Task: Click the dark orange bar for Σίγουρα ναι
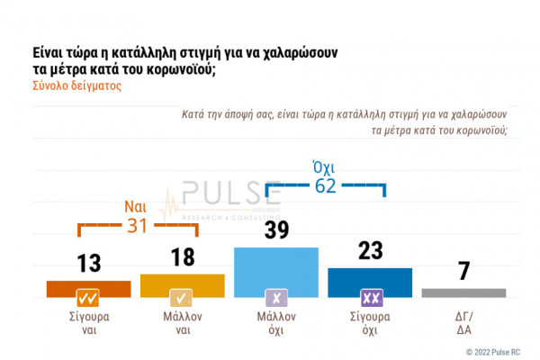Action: pos(88,289)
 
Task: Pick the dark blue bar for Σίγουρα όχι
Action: pos(370,283)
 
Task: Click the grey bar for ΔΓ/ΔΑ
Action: pos(463,292)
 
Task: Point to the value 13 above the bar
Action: pos(88,264)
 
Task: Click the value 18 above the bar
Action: pos(182,257)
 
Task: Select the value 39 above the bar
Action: pos(275,230)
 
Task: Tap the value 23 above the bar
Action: pos(370,251)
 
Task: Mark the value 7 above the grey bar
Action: pos(463,271)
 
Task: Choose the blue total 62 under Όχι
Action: pos(324,187)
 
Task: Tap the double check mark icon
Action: pos(88,298)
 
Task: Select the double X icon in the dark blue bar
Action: pos(370,298)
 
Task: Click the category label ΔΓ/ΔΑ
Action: pos(463,323)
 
